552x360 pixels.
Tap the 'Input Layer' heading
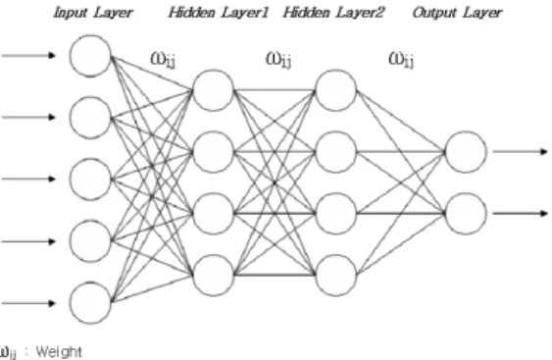pos(93,13)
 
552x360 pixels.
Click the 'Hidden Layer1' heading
pos(219,13)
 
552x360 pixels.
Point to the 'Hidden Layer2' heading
pos(333,13)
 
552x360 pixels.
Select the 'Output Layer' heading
pos(457,13)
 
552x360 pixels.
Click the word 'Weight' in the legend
pos(59,351)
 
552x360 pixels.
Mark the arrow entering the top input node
pos(28,55)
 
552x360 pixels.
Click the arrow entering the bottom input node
pos(28,303)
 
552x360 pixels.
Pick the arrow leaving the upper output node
pos(521,152)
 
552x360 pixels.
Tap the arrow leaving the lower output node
pos(521,213)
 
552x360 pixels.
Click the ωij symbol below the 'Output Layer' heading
pos(401,60)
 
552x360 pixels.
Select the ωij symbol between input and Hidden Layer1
pos(163,60)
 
